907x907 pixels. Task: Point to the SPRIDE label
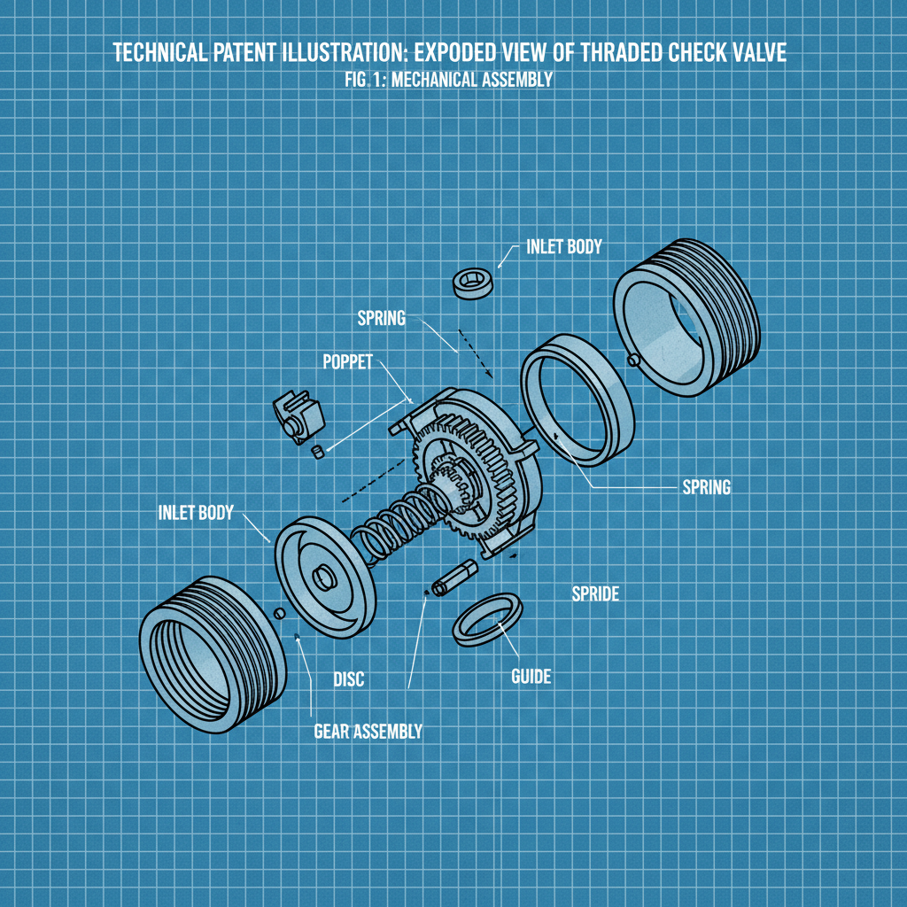point(594,594)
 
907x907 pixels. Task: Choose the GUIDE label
point(531,677)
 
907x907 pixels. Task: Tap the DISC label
point(348,680)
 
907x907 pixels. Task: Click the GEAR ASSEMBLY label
point(368,732)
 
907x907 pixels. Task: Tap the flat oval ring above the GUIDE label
point(486,620)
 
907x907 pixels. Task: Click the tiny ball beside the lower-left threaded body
point(280,613)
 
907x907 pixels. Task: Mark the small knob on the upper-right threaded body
point(632,359)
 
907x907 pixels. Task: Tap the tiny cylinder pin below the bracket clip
point(316,453)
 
